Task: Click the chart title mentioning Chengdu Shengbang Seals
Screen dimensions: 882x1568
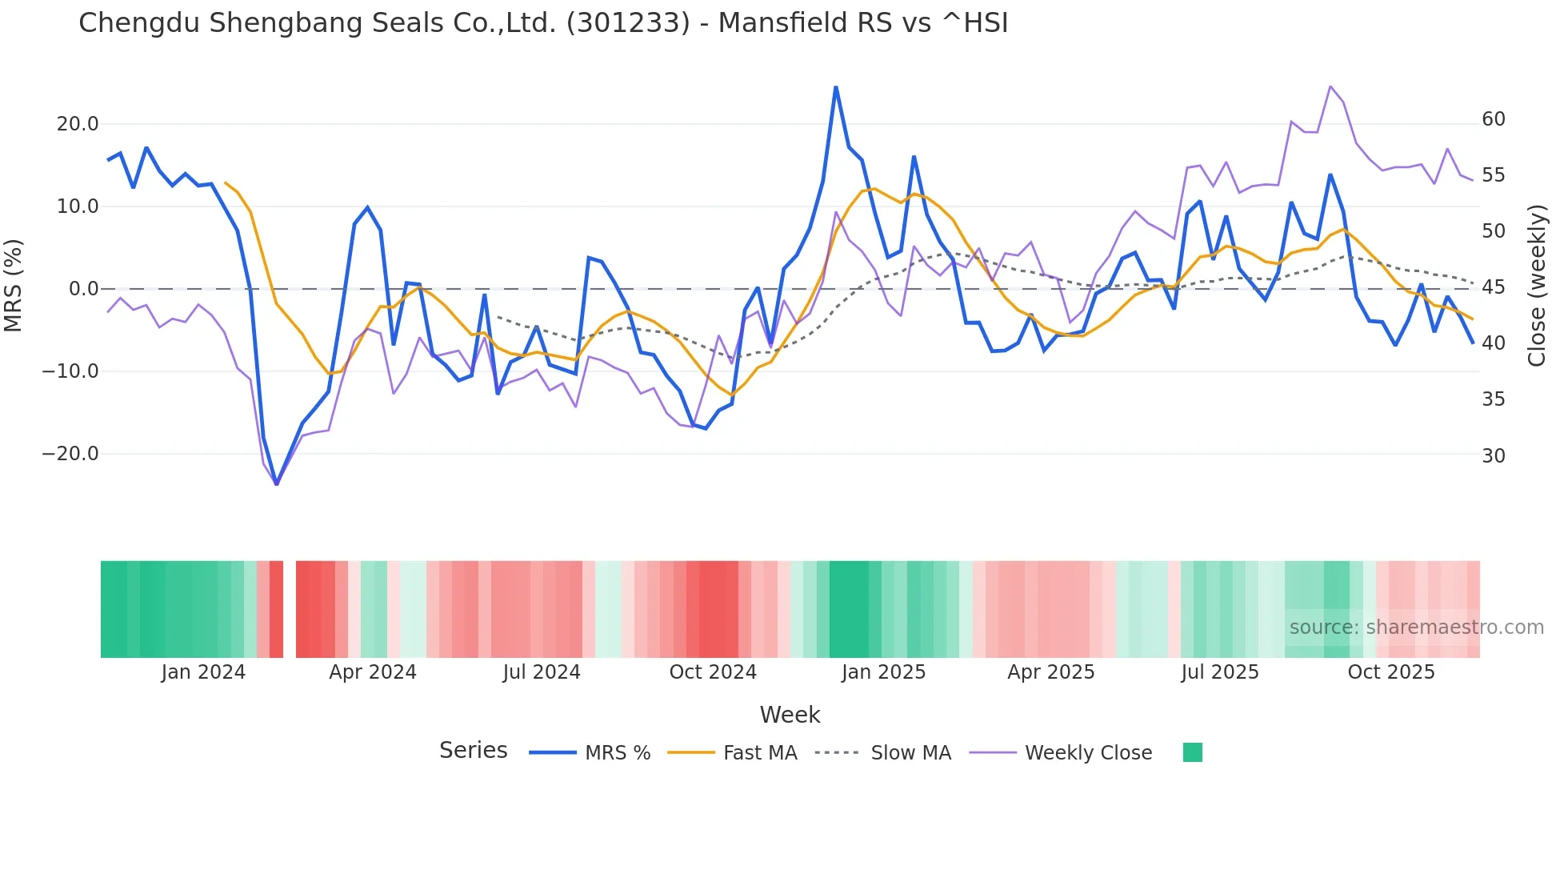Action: [543, 23]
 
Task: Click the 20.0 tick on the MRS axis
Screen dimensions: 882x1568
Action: [78, 124]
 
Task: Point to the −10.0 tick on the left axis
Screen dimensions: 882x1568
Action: [70, 371]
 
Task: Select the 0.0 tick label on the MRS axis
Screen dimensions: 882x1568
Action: [84, 289]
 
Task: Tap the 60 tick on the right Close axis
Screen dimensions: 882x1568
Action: [1494, 119]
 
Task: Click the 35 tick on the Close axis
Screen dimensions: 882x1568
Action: [1494, 399]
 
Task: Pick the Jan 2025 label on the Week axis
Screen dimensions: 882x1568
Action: [883, 672]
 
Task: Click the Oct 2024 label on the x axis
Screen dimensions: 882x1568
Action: [713, 672]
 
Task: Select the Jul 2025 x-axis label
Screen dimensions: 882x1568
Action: [1220, 672]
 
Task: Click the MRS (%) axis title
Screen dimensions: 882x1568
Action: [14, 285]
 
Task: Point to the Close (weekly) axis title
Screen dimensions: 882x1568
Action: [1537, 285]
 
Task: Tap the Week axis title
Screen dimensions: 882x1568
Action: [790, 715]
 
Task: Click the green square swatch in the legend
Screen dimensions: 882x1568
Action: [1193, 752]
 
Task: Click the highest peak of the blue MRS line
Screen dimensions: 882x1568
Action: [836, 87]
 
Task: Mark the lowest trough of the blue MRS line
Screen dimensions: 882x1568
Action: [277, 483]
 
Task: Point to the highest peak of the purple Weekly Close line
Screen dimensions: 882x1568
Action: [1330, 86]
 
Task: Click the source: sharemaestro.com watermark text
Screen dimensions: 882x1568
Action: [1416, 627]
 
